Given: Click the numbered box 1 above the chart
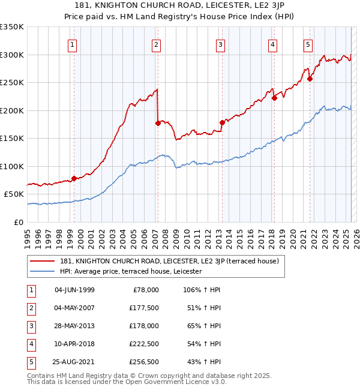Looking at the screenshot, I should pos(72,44).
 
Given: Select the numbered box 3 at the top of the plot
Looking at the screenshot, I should pos(221,44).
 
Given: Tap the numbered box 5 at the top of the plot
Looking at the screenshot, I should pos(308,44).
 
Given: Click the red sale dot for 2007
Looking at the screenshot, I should pos(158,123).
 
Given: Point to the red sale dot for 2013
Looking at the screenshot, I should pos(222,122).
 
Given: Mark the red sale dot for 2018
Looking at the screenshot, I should pos(274,98).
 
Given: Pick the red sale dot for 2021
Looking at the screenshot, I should pos(310,79).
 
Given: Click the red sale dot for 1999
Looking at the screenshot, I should pos(74,178).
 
